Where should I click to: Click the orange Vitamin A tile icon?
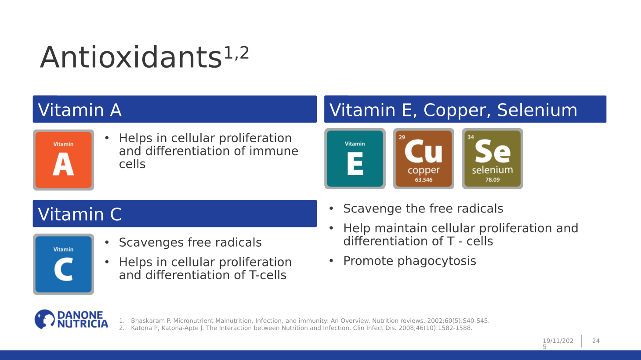(63, 160)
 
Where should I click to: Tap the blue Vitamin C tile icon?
(63, 264)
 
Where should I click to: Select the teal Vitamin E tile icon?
(355, 159)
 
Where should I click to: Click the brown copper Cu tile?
(424, 159)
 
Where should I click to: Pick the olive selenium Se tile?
(492, 159)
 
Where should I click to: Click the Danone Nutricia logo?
(72, 320)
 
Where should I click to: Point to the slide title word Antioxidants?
(131, 58)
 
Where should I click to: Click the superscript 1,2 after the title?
(236, 53)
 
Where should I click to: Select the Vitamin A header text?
(80, 110)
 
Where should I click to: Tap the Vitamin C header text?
(80, 214)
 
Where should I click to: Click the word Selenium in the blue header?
(537, 110)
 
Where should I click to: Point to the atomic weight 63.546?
(424, 180)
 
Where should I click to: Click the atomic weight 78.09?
(492, 180)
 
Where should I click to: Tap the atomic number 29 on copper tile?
(402, 137)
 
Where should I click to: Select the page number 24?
(596, 341)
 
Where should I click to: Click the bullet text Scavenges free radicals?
(190, 242)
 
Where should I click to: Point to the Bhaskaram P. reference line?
(310, 321)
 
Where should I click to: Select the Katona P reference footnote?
(301, 328)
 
